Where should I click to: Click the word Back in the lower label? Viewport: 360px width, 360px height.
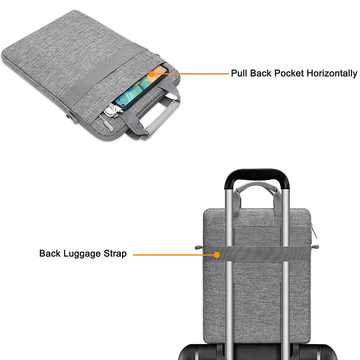coord(50,254)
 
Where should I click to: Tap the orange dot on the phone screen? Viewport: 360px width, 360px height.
coord(152,74)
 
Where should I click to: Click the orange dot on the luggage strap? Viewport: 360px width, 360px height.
coord(217,255)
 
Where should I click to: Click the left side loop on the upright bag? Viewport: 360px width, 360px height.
coord(198,247)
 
